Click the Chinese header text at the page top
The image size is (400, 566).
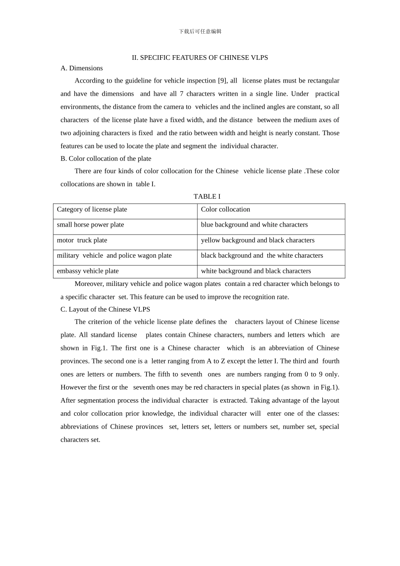(200, 32)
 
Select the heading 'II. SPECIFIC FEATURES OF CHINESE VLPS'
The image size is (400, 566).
(200, 58)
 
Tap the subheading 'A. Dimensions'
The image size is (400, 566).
(82, 68)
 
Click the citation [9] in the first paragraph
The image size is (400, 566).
(223, 81)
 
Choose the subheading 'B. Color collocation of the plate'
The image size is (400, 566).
(106, 159)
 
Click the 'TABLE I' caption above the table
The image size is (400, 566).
(207, 197)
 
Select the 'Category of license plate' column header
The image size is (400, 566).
(92, 210)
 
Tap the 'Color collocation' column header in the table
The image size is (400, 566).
(225, 210)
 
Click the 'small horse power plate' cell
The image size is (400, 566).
(91, 225)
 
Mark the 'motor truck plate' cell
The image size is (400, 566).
(82, 240)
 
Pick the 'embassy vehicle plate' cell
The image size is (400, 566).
(88, 271)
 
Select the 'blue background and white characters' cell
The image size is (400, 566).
(254, 225)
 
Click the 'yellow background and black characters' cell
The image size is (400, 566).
(258, 240)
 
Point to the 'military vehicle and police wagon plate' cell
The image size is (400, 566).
(114, 256)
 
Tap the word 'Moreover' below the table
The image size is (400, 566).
(88, 284)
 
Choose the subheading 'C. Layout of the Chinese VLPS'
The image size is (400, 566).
(105, 310)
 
